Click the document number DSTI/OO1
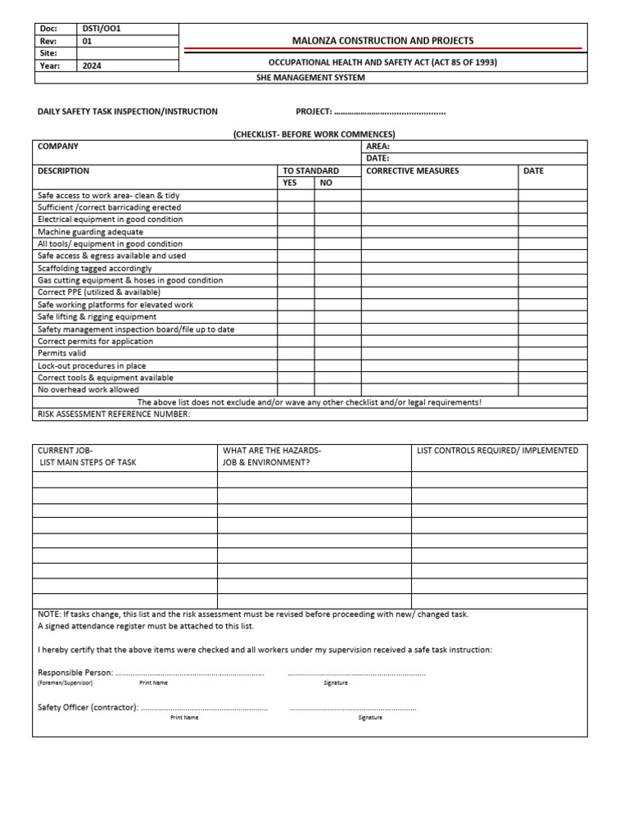(x=102, y=29)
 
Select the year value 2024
(x=92, y=66)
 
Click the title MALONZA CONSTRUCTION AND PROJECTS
(x=382, y=40)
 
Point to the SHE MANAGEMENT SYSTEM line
(x=310, y=78)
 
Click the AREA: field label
(x=378, y=146)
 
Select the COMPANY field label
(x=58, y=146)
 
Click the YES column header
(x=290, y=183)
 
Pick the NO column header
(x=326, y=183)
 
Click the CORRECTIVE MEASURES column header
(x=412, y=171)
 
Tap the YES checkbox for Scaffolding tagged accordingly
(x=296, y=268)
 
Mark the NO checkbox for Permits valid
(x=338, y=353)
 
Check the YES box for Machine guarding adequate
(x=296, y=232)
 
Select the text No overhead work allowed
(x=88, y=390)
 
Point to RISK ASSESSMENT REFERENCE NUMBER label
(x=114, y=414)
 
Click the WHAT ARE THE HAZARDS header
(x=272, y=451)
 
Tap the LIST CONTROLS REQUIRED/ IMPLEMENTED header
(x=497, y=451)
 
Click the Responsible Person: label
(x=75, y=673)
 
